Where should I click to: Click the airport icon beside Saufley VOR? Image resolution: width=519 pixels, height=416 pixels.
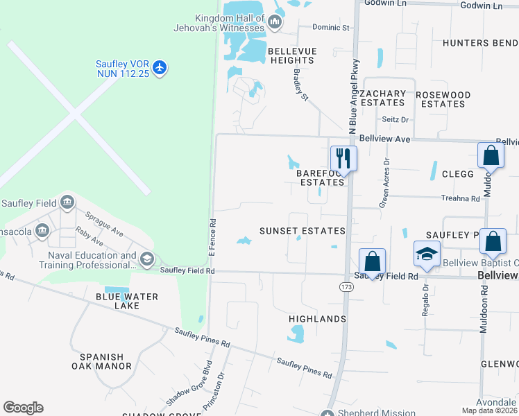tap(160, 67)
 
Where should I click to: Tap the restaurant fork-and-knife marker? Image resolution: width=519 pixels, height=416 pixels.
tap(343, 157)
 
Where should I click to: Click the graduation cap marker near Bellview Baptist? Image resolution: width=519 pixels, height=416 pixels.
tap(427, 254)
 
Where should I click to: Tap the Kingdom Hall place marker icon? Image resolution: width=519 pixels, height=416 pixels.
tap(275, 23)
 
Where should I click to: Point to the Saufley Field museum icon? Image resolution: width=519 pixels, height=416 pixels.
tap(67, 202)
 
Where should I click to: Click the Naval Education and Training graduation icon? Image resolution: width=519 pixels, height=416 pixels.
tap(146, 259)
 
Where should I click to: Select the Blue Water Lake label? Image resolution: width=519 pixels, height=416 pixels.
tap(127, 301)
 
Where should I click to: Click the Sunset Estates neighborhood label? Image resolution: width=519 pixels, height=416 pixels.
tap(302, 231)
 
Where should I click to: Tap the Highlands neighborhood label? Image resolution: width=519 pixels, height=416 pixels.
tap(317, 319)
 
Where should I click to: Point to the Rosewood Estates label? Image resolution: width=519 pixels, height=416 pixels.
tap(443, 99)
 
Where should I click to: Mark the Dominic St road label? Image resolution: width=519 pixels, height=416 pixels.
tap(330, 28)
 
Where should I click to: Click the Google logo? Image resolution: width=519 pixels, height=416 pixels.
tap(23, 408)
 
